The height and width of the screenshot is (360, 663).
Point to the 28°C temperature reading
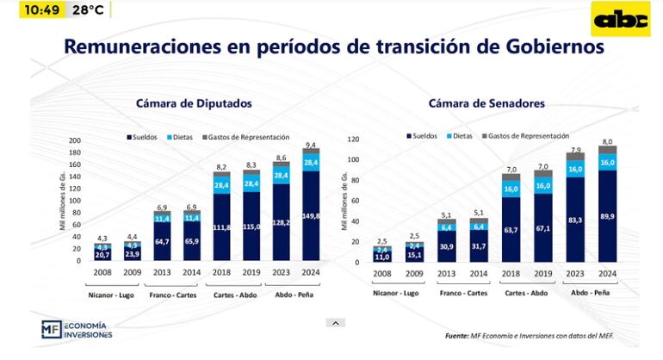(x=88, y=10)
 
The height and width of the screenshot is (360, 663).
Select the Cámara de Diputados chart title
(x=193, y=103)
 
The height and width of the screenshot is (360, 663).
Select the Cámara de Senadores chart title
(x=486, y=103)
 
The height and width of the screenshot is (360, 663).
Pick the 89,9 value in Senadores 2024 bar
(x=605, y=218)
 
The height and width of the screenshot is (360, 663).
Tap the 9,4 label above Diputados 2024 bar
(x=310, y=145)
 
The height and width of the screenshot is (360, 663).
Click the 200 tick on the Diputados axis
(x=74, y=140)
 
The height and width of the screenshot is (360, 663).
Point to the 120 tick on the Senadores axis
(x=351, y=138)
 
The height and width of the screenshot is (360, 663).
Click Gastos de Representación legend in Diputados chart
(x=245, y=137)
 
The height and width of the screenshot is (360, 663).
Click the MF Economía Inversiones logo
(x=77, y=330)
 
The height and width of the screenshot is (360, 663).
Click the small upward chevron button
(x=336, y=323)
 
